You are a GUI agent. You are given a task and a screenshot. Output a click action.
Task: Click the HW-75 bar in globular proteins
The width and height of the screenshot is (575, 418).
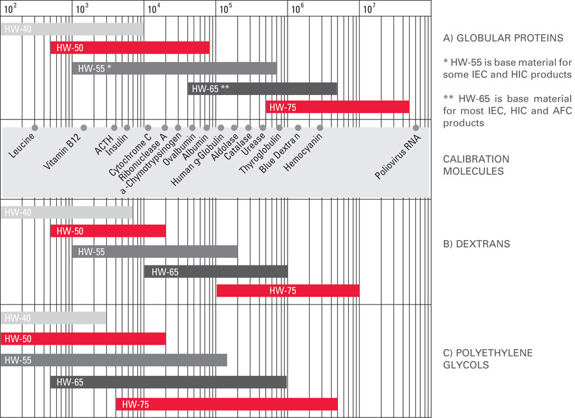point(337,107)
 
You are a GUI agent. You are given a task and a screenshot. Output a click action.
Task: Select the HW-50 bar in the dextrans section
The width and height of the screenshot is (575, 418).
point(108,231)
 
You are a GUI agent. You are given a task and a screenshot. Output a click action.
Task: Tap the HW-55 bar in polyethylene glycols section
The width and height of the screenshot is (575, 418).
point(114,360)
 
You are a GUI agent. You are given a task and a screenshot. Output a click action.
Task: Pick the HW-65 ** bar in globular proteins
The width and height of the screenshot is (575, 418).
point(262,89)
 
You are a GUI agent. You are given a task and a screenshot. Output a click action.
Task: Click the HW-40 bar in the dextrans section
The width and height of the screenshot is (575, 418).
point(66,213)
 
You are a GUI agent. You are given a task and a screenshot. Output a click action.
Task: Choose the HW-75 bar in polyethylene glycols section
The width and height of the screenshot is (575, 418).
point(226,404)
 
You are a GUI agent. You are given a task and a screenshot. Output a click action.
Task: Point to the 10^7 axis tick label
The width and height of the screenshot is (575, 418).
point(369,8)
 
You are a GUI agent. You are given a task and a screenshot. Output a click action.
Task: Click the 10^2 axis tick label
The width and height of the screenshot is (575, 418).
point(11,8)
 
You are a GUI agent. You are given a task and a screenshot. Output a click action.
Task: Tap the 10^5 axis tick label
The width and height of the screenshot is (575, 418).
point(226,8)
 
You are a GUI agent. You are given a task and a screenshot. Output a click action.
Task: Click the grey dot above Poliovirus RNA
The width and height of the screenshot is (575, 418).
point(415,128)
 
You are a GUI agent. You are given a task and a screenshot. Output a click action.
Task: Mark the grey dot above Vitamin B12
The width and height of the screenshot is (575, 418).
point(84,128)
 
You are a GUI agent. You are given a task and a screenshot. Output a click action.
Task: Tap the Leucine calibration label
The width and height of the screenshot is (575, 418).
point(22,146)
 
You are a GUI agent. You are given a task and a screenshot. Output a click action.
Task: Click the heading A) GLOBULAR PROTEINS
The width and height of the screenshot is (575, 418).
point(503,38)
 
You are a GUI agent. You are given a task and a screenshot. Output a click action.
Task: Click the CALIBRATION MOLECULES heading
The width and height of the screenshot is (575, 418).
point(476,165)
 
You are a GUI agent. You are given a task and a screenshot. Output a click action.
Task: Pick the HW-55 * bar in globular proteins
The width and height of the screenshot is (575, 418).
point(174,68)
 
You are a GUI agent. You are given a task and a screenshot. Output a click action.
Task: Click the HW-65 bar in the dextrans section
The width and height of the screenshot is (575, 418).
point(216,272)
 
